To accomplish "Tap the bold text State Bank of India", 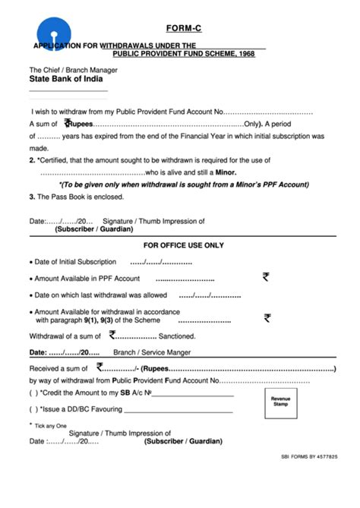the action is pyautogui.click(x=66, y=79).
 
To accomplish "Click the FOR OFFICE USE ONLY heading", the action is pyautogui.click(x=184, y=245).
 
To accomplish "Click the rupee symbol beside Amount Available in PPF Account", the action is pyautogui.click(x=266, y=278).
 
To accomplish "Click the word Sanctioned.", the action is pyautogui.click(x=177, y=335).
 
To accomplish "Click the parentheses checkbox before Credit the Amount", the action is pyautogui.click(x=33, y=393).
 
